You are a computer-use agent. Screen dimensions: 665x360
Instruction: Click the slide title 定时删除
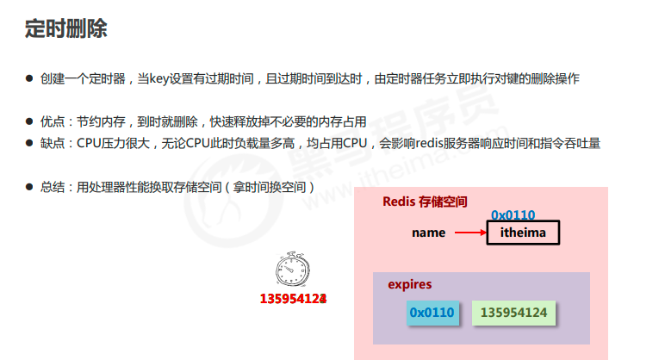pos(65,28)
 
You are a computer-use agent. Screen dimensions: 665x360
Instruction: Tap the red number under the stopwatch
pos(293,299)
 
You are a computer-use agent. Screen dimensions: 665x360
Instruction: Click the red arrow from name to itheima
pos(469,233)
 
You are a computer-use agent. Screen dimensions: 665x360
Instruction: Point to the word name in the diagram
pos(428,233)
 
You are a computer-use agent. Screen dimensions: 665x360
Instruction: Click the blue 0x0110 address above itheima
pos(513,214)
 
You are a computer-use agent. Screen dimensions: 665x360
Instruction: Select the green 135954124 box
pos(513,313)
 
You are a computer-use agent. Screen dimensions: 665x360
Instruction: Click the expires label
pos(409,284)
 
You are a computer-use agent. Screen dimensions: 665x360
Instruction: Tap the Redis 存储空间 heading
pos(425,202)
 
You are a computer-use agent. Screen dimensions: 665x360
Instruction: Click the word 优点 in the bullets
pos(53,122)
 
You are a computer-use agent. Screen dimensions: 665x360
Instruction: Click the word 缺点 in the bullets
pos(53,143)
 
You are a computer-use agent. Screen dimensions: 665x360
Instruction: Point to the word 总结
pos(53,186)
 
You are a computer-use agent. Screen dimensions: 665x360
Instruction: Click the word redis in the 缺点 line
pos(430,143)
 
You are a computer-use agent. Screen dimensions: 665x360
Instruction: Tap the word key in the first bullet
pos(161,79)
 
